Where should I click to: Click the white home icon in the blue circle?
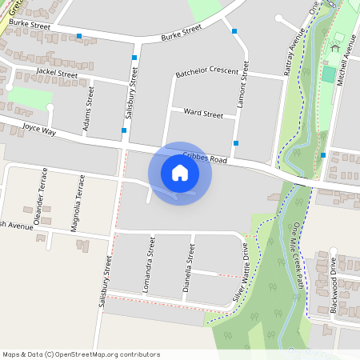coord(180,173)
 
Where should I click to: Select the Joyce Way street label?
coord(39,128)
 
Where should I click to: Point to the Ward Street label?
coord(203,114)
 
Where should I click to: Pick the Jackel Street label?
coord(57,74)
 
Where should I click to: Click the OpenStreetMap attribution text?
coord(81,354)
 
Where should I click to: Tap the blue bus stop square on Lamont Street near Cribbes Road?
coord(235,143)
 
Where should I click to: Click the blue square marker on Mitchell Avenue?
coord(323,155)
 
